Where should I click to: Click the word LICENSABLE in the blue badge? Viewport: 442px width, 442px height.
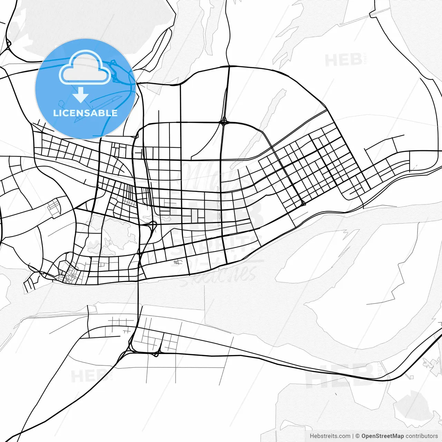pyautogui.click(x=85, y=113)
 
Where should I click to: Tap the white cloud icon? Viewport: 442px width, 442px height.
pyautogui.click(x=85, y=68)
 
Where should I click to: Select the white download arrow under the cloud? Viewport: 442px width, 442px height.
pyautogui.click(x=80, y=95)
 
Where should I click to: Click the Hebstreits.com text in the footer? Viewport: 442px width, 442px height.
pyautogui.click(x=330, y=436)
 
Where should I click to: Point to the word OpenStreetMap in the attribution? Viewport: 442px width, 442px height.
pyautogui.click(x=383, y=436)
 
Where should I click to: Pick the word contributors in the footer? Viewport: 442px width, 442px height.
pyautogui.click(x=422, y=436)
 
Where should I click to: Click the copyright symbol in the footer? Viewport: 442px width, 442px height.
pyautogui.click(x=358, y=436)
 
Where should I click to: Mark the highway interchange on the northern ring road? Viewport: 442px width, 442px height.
pyautogui.click(x=224, y=122)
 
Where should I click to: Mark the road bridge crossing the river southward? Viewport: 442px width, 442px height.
pyautogui.click(x=138, y=294)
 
